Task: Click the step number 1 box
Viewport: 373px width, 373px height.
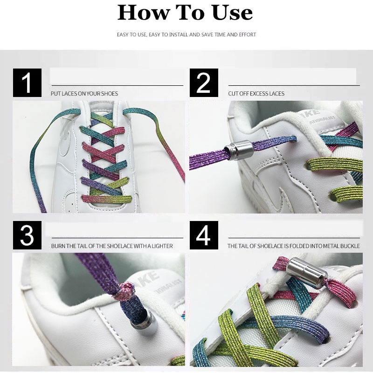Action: [x=27, y=83]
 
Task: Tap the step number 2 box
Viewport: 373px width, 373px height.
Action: [x=204, y=83]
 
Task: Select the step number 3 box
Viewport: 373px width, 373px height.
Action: [x=27, y=235]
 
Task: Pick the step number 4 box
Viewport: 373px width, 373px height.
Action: [x=204, y=235]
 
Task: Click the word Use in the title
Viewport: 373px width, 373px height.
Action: [x=232, y=13]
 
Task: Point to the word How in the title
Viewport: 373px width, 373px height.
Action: [x=144, y=13]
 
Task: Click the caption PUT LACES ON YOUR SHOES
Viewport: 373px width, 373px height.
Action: [x=84, y=94]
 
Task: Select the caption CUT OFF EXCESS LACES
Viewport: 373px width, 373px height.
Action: [x=256, y=94]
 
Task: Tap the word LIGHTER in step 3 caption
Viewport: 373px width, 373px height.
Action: [x=162, y=246]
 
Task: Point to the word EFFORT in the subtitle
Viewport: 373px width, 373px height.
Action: [x=248, y=35]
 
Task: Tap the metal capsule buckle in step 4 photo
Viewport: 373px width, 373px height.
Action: [x=307, y=273]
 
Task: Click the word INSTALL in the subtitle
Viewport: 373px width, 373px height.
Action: [x=179, y=35]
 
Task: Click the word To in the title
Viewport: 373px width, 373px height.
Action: [x=190, y=13]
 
